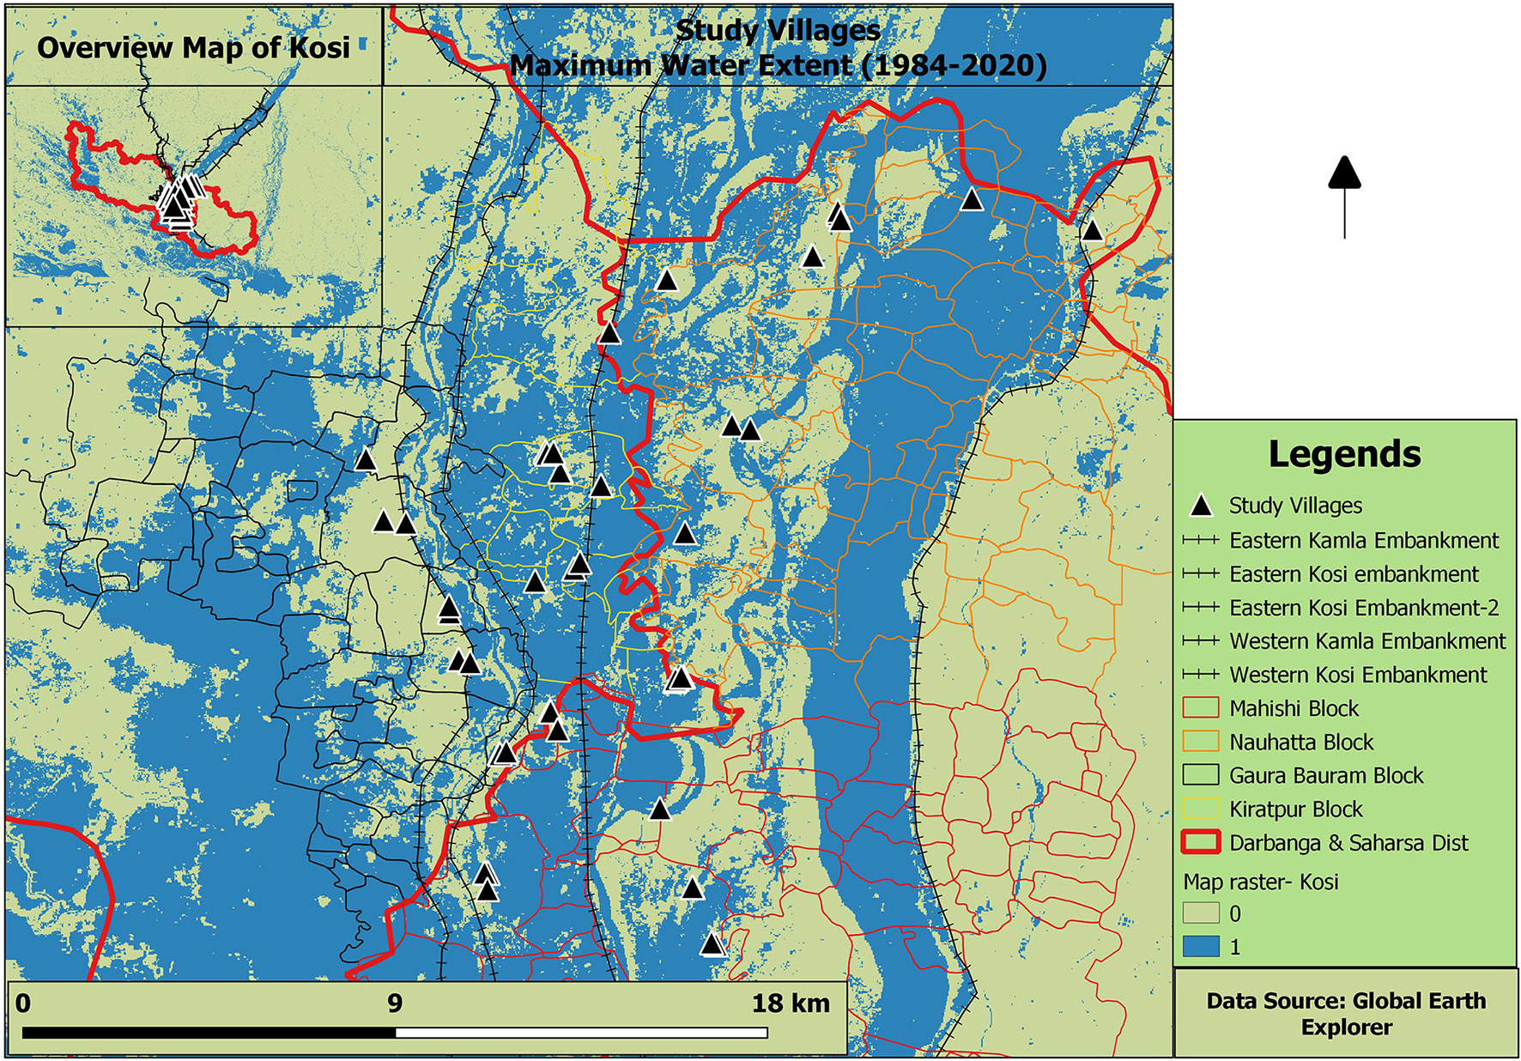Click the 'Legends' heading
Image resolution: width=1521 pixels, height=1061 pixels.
pyautogui.click(x=1344, y=454)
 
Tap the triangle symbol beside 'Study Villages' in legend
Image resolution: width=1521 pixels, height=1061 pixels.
pyautogui.click(x=1201, y=506)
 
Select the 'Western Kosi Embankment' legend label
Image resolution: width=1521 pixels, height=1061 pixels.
pyautogui.click(x=1358, y=675)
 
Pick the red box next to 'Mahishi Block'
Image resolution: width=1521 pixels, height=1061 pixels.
pyautogui.click(x=1201, y=708)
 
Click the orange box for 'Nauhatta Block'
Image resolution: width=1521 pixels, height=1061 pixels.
pyautogui.click(x=1201, y=742)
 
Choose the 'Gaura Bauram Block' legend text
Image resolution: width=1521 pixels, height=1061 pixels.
pyautogui.click(x=1326, y=775)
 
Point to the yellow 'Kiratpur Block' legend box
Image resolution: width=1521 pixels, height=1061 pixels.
pyautogui.click(x=1201, y=809)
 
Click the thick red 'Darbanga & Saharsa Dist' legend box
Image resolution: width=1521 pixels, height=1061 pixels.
pyautogui.click(x=1201, y=842)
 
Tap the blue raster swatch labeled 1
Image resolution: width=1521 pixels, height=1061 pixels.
pyautogui.click(x=1201, y=947)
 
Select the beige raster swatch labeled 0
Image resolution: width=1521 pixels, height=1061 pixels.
pyautogui.click(x=1201, y=913)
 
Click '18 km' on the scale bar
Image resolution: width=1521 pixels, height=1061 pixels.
pyautogui.click(x=791, y=1003)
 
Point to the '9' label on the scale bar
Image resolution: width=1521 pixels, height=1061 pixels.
pyautogui.click(x=395, y=1003)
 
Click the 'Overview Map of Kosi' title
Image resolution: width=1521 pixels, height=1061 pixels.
pyautogui.click(x=194, y=47)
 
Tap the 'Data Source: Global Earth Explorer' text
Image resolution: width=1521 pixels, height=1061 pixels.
pyautogui.click(x=1346, y=1014)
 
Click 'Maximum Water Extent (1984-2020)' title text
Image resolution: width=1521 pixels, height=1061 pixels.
pyautogui.click(x=779, y=65)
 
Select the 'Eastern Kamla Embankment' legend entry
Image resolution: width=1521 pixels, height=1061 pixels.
pyautogui.click(x=1364, y=541)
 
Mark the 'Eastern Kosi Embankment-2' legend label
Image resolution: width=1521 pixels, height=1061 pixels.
pyautogui.click(x=1364, y=608)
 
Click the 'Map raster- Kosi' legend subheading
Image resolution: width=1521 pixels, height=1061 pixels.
pyautogui.click(x=1261, y=882)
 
